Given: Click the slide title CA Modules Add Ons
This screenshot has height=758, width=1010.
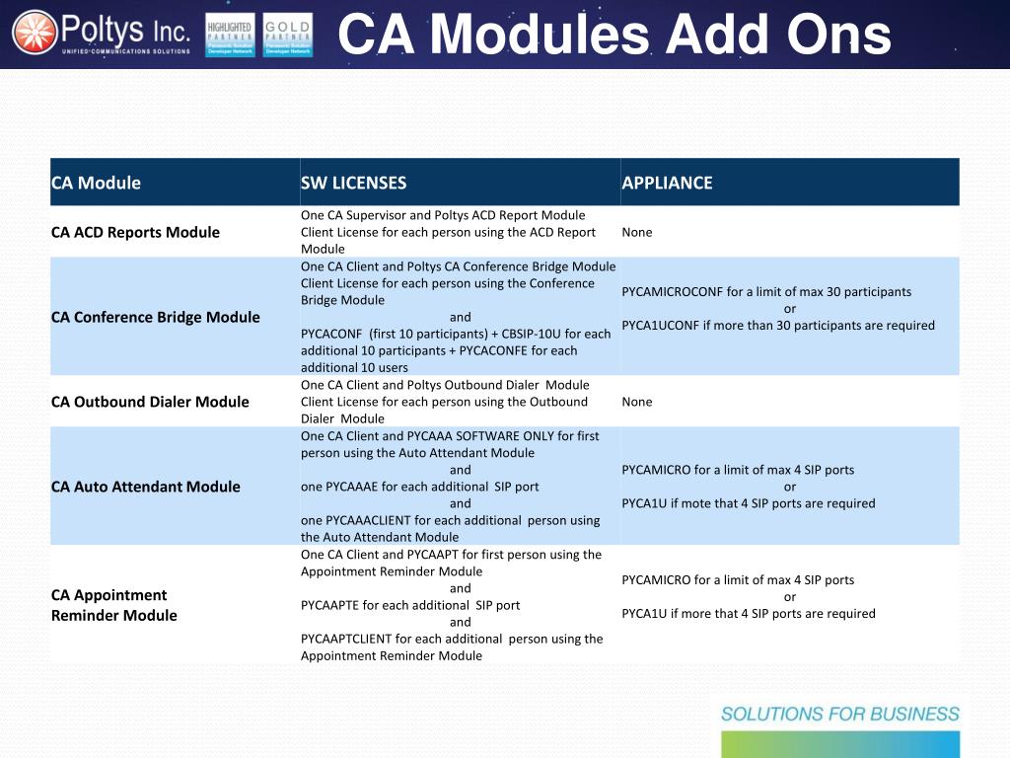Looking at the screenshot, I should pyautogui.click(x=614, y=36).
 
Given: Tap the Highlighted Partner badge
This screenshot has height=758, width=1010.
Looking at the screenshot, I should pyautogui.click(x=229, y=36).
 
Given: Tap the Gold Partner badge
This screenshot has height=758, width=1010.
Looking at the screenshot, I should pyautogui.click(x=288, y=36).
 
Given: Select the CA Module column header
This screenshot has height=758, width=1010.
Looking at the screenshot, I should pyautogui.click(x=96, y=183).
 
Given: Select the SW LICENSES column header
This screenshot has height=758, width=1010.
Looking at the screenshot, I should pyautogui.click(x=353, y=183).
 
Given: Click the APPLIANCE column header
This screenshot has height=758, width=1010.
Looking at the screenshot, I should pyautogui.click(x=667, y=183).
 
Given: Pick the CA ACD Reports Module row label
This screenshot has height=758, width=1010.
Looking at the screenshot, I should pyautogui.click(x=135, y=232).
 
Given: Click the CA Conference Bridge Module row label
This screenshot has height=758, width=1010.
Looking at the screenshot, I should pyautogui.click(x=156, y=317).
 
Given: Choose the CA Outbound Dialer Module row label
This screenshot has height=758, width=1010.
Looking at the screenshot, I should pyautogui.click(x=150, y=402).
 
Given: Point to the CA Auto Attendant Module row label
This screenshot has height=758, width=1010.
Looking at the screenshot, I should pyautogui.click(x=146, y=487).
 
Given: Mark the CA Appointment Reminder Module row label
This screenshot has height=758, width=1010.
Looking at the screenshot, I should pyautogui.click(x=114, y=605).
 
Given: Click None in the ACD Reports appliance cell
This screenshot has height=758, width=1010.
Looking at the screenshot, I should pyautogui.click(x=636, y=232).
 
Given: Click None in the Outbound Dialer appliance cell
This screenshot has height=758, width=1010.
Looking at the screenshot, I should pyautogui.click(x=636, y=402).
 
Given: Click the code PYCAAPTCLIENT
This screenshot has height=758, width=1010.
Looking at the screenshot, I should pyautogui.click(x=346, y=639).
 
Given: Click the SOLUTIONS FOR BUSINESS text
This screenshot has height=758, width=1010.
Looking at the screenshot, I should pyautogui.click(x=839, y=715).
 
